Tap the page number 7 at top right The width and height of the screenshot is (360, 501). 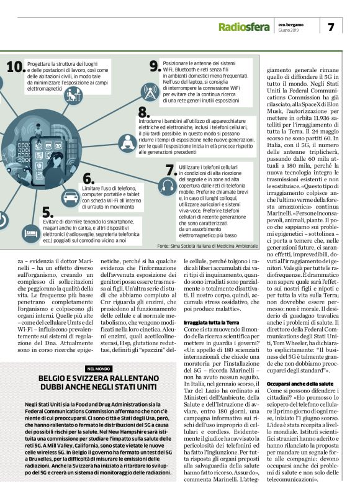point(331,27)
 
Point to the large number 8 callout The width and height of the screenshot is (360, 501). point(143,112)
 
